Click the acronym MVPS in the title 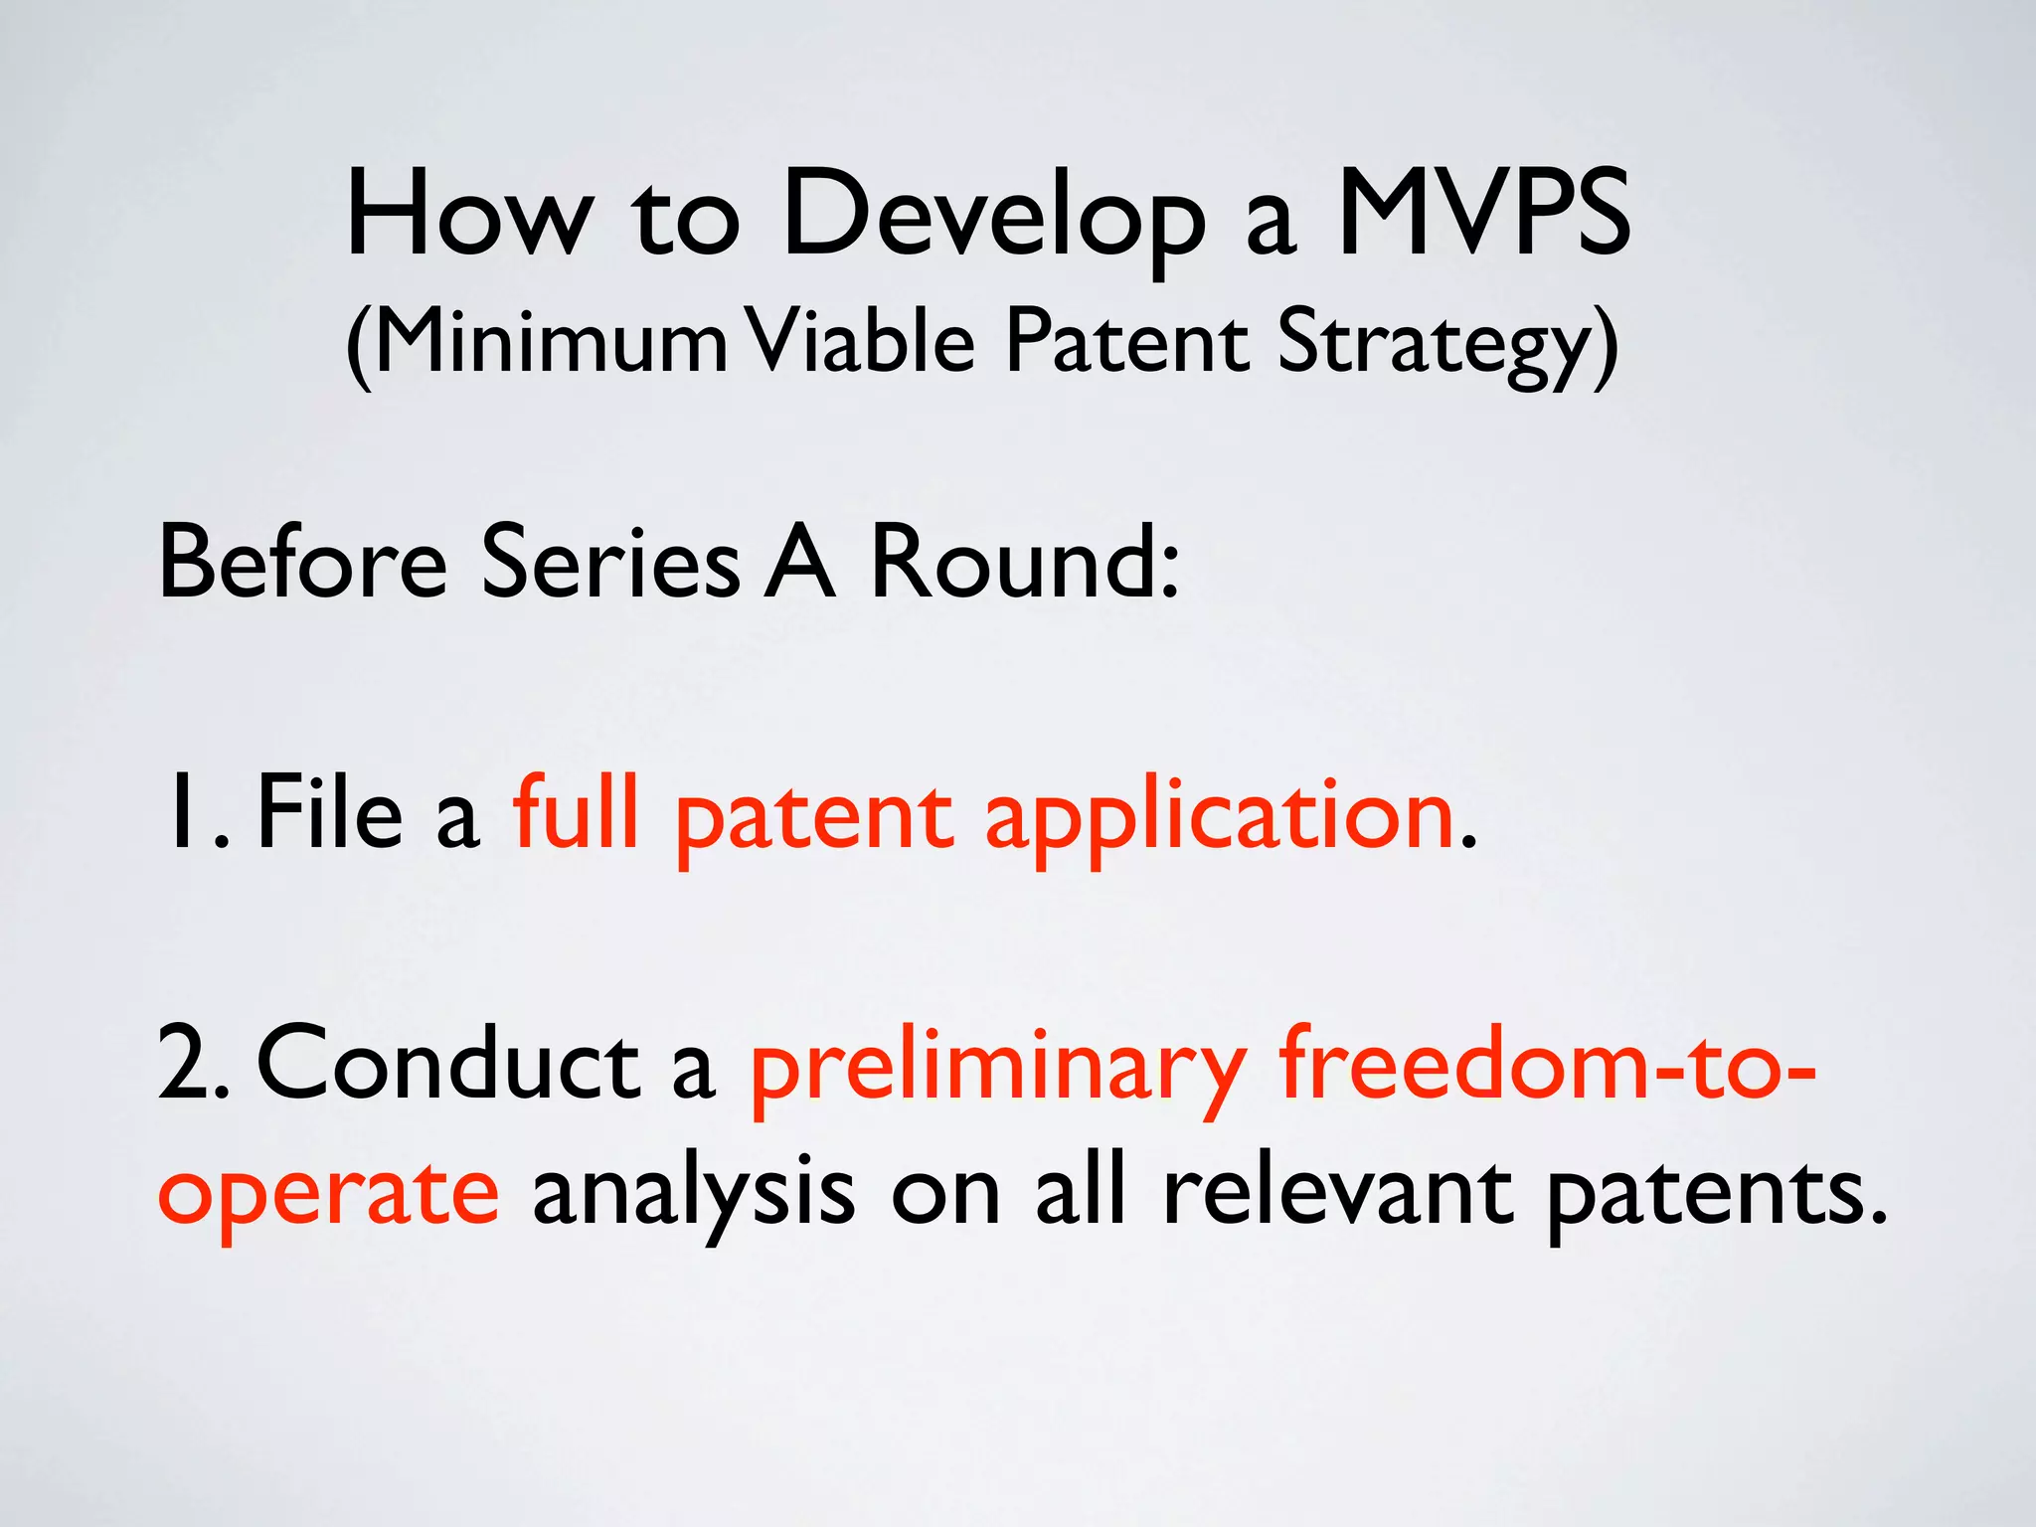(1483, 212)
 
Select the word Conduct (448, 1064)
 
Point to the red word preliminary (998, 1069)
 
